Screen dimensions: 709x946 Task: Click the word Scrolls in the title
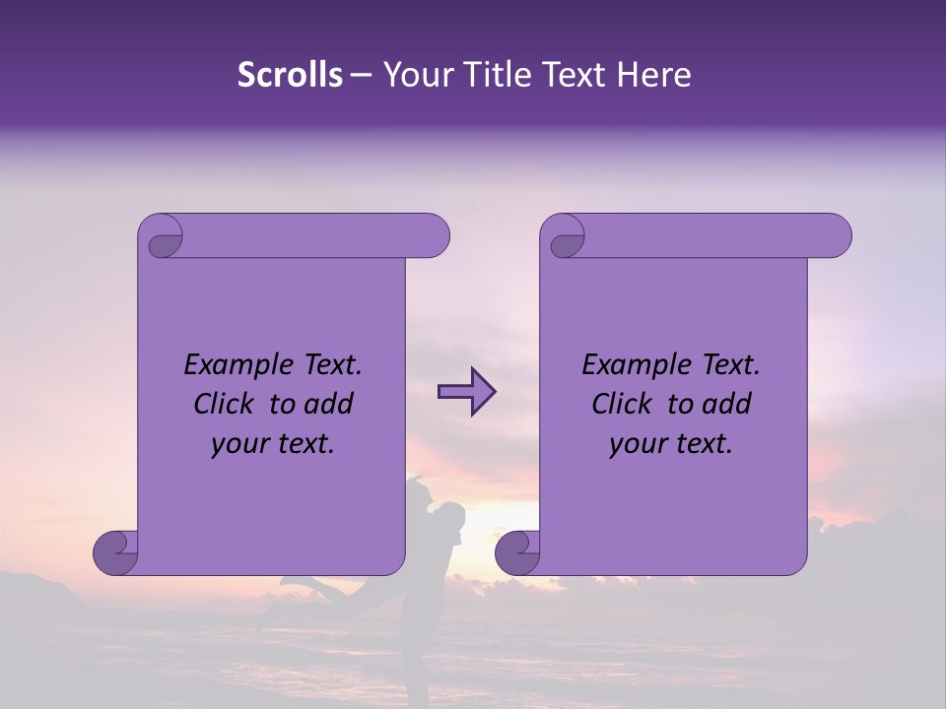[290, 75]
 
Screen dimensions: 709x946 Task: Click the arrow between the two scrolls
[466, 393]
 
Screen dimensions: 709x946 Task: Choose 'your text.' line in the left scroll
[273, 443]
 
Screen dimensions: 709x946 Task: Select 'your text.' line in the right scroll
[671, 443]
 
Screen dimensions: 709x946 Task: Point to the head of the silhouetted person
[452, 515]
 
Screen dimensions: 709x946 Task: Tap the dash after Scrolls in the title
[361, 75]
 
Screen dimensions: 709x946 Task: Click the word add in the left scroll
[329, 404]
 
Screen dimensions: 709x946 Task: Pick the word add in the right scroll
[727, 404]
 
